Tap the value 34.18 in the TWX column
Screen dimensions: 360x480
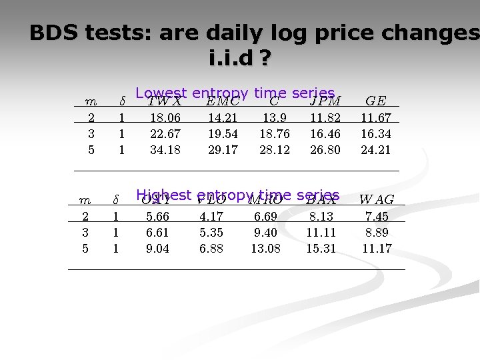[165, 150]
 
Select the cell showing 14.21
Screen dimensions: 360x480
[223, 118]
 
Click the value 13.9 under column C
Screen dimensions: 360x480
[274, 118]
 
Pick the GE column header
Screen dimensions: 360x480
[376, 101]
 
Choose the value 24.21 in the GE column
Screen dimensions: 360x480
[376, 150]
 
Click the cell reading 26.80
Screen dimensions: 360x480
[325, 150]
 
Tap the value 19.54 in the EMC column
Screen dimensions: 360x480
[223, 134]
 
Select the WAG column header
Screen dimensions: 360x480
[377, 199]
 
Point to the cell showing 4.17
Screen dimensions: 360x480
[211, 217]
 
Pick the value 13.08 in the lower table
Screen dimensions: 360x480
[265, 249]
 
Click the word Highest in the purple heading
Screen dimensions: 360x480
[163, 195]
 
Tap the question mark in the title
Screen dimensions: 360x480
[265, 60]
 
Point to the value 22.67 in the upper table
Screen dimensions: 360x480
[165, 134]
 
